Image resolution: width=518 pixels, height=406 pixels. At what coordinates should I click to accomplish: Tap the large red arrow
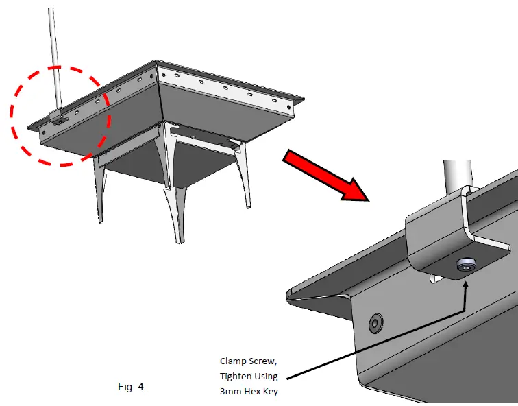pos(326,177)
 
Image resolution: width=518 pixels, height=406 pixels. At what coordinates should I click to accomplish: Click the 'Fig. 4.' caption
pos(132,387)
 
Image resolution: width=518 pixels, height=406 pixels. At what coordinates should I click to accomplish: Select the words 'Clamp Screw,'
pos(249,361)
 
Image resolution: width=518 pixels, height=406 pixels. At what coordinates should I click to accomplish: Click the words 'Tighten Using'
pos(249,376)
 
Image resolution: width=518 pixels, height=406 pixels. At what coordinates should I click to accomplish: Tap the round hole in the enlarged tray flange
pos(376,322)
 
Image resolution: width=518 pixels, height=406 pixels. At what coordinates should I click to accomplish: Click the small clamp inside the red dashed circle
pos(60,117)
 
